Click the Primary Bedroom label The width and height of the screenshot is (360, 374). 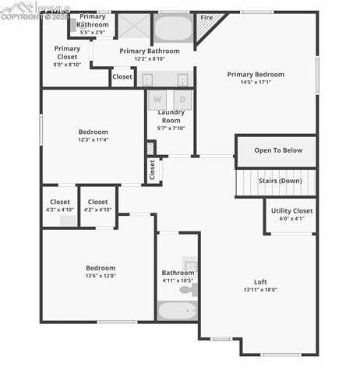pyautogui.click(x=256, y=75)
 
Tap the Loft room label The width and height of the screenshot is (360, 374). pyautogui.click(x=260, y=281)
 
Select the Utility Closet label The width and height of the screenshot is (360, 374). pyautogui.click(x=291, y=210)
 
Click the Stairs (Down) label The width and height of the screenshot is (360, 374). pyautogui.click(x=280, y=181)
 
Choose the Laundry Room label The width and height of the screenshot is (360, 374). pyautogui.click(x=172, y=117)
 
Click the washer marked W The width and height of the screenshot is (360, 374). pyautogui.click(x=157, y=100)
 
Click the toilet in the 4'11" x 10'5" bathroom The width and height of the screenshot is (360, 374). pyautogui.click(x=188, y=290)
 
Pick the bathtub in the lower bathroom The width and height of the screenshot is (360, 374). pyautogui.click(x=177, y=311)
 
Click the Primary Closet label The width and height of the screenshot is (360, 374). pyautogui.click(x=67, y=52)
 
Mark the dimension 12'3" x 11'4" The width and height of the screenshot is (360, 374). pyautogui.click(x=93, y=140)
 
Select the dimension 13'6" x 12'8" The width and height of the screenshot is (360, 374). pyautogui.click(x=100, y=276)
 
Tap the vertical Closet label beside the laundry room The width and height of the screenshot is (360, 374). pyautogui.click(x=153, y=171)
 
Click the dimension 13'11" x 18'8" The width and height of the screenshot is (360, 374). pyautogui.click(x=260, y=290)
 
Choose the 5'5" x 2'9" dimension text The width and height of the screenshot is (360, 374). pyautogui.click(x=92, y=33)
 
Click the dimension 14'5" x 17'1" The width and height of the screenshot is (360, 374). pyautogui.click(x=256, y=83)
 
